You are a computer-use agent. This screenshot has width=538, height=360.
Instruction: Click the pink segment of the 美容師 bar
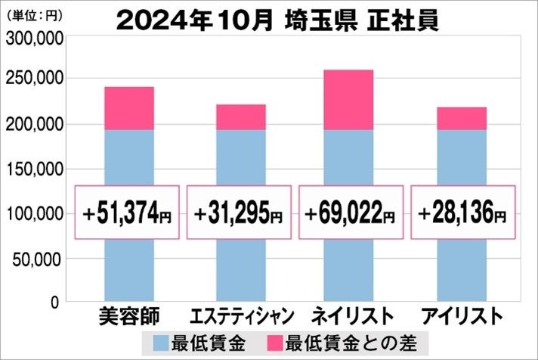click(x=128, y=108)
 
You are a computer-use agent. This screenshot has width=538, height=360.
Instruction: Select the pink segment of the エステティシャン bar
click(x=241, y=117)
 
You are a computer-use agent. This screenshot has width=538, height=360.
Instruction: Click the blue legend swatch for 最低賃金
click(x=160, y=342)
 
